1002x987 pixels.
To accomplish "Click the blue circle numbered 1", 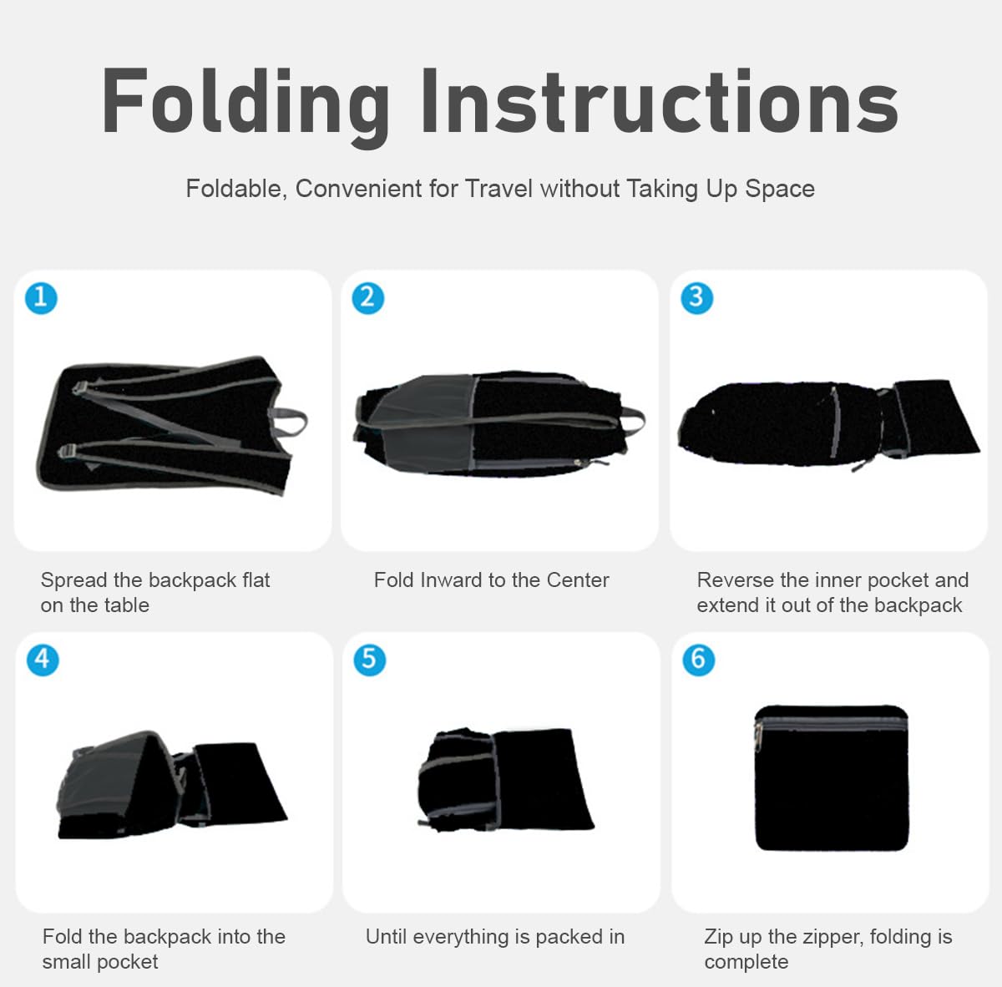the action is click(41, 298).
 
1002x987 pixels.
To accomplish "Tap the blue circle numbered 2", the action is click(367, 298).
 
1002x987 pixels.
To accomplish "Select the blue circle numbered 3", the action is click(696, 298).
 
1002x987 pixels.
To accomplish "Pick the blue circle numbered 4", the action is click(43, 660).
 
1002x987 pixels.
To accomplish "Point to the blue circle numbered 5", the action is click(369, 660).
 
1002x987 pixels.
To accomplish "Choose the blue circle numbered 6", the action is click(698, 660).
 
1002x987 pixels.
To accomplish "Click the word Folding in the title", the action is click(245, 104).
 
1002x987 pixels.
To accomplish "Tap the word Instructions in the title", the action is click(660, 100).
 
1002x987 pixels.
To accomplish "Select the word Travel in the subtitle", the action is click(498, 188).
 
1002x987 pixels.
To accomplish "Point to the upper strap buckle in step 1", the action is click(79, 387).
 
